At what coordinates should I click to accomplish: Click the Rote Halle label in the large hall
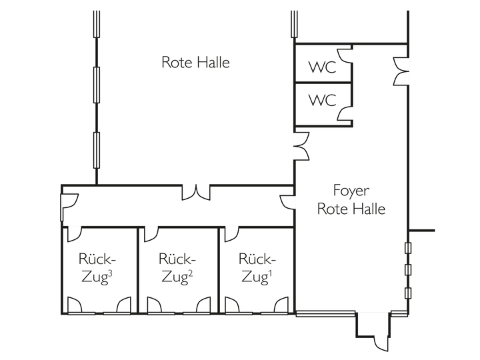pyautogui.click(x=195, y=63)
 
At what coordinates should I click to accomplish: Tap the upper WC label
pyautogui.click(x=321, y=67)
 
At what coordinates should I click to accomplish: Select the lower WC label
pyautogui.click(x=321, y=101)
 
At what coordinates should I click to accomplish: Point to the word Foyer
pyautogui.click(x=351, y=190)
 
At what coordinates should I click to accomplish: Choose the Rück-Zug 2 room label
pyautogui.click(x=177, y=268)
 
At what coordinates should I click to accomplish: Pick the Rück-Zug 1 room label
pyautogui.click(x=257, y=268)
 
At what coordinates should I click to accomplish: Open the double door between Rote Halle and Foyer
pyautogui.click(x=301, y=146)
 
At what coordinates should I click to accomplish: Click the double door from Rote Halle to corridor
pyautogui.click(x=197, y=192)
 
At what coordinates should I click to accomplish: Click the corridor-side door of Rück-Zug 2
pyautogui.click(x=151, y=233)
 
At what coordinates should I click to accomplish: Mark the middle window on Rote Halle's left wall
pyautogui.click(x=97, y=84)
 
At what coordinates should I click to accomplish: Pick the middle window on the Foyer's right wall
pyautogui.click(x=408, y=270)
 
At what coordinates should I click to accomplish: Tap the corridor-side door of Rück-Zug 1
pyautogui.click(x=231, y=233)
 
